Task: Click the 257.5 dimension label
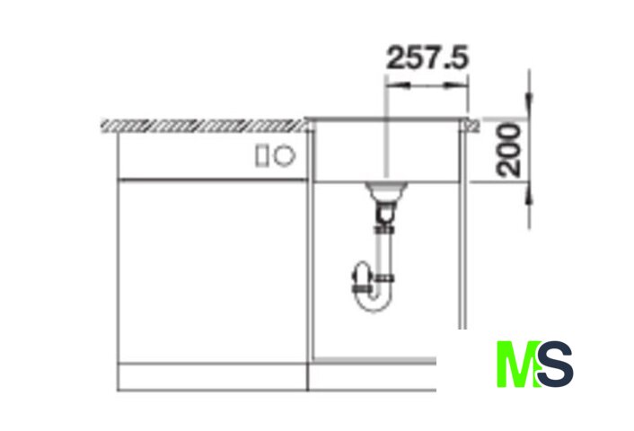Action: pyautogui.click(x=427, y=57)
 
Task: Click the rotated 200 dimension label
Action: pyautogui.click(x=508, y=151)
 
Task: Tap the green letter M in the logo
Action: pyautogui.click(x=517, y=364)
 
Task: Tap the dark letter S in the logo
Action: pyautogui.click(x=555, y=364)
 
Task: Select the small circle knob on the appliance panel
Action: pyautogui.click(x=285, y=155)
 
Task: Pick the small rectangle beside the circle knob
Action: pyautogui.click(x=261, y=156)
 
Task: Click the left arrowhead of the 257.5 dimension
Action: pyautogui.click(x=398, y=85)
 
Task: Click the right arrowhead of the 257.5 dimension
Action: pyautogui.click(x=456, y=85)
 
